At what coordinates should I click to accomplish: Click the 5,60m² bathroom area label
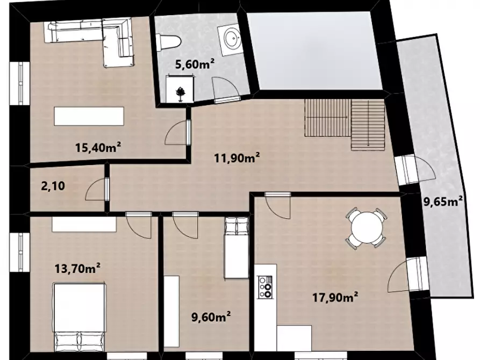point(195,64)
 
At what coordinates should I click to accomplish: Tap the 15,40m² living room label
point(98,148)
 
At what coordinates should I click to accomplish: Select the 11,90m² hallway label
point(237,158)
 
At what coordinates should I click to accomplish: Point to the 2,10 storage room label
point(53,186)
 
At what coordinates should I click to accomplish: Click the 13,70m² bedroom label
point(77,268)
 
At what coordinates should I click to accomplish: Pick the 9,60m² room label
point(211,317)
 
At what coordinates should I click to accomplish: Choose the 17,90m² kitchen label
point(335,297)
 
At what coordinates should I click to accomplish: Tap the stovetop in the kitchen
point(265,287)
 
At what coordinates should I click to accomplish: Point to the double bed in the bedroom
point(80,317)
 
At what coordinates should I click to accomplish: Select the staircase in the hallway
point(345,124)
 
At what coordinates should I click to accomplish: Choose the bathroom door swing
point(226,88)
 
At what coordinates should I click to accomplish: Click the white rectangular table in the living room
point(89,116)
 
